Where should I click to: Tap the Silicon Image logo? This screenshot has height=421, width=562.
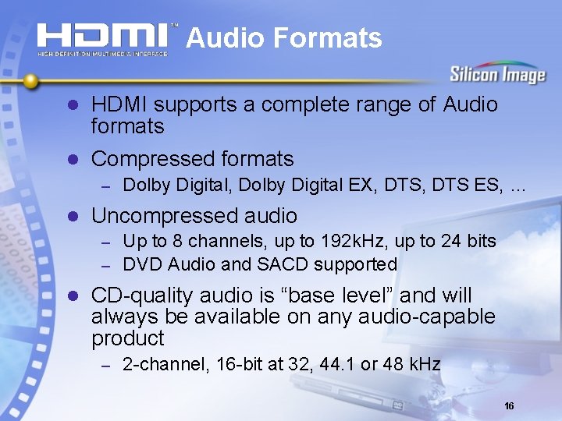pos(496,75)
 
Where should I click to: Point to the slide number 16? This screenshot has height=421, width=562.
pos(509,406)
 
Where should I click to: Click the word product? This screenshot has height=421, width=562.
pos(127,338)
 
